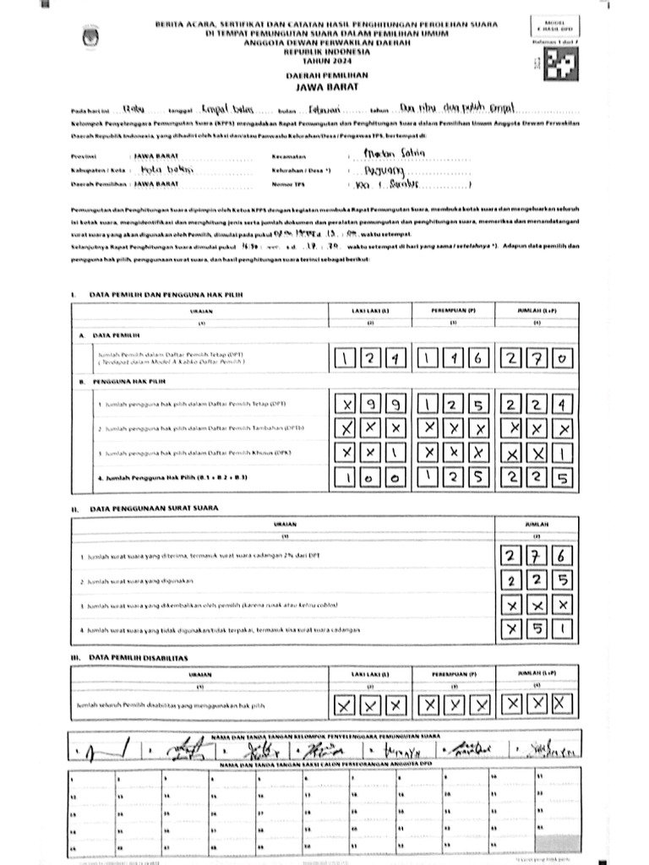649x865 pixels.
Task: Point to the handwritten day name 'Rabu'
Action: coord(134,110)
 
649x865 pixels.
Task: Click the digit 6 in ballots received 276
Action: coord(562,556)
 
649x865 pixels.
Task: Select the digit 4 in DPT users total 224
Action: coord(562,405)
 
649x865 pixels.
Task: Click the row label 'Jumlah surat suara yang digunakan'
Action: coord(142,582)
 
